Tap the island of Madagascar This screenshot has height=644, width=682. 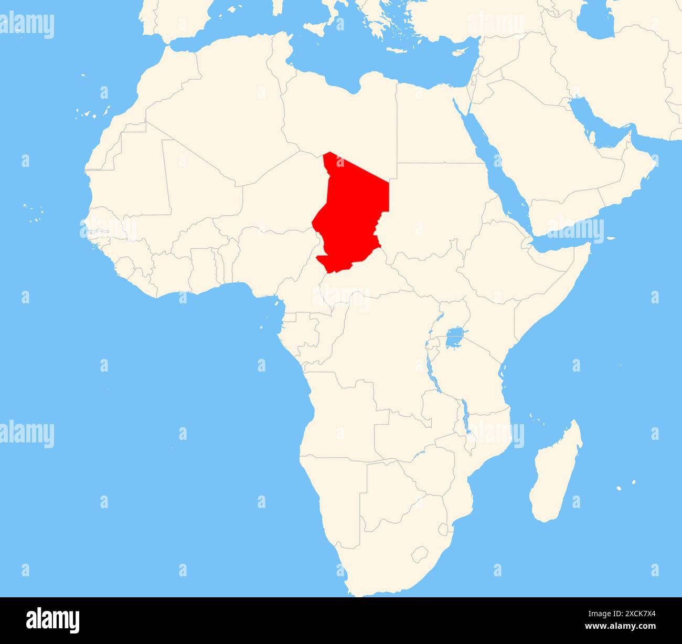click(x=556, y=475)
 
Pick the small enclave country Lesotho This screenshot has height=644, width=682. click(x=419, y=553)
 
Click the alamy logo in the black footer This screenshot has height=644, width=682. click(x=53, y=620)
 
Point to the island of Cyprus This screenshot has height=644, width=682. click(x=460, y=51)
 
